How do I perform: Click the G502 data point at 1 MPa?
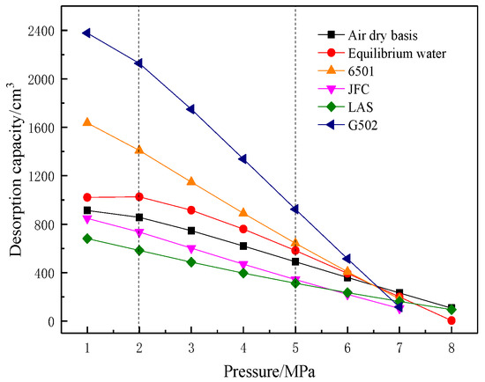click(86, 33)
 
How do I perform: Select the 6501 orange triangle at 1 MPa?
click(86, 122)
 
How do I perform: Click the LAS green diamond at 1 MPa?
click(86, 239)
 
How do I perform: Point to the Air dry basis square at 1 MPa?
click(86, 210)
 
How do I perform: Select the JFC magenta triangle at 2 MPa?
click(138, 232)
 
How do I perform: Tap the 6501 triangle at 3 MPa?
click(190, 181)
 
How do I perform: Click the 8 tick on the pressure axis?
click(451, 348)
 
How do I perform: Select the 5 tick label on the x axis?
click(295, 348)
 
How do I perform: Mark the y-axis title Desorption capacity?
click(15, 176)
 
